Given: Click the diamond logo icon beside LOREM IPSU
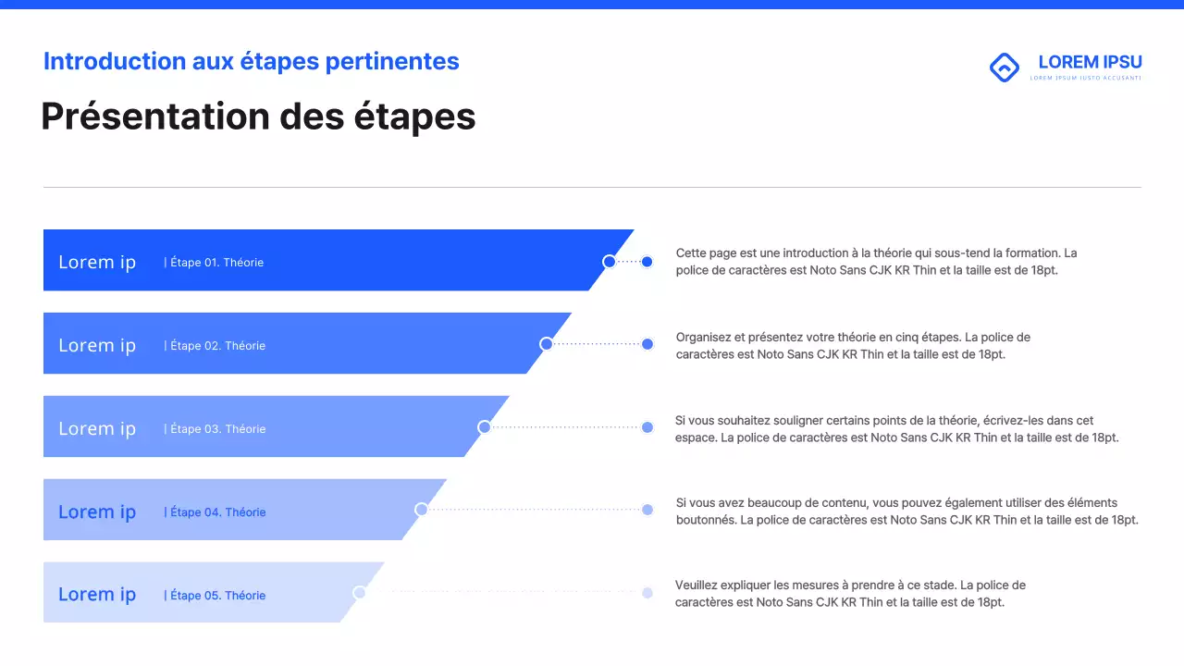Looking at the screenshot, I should pyautogui.click(x=1004, y=68).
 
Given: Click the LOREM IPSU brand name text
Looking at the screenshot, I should pyautogui.click(x=1090, y=62).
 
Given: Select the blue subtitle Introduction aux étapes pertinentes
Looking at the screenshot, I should pyautogui.click(x=251, y=61).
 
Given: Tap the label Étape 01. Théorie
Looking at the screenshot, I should pyautogui.click(x=214, y=263).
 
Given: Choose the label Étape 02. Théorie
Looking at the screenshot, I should pyautogui.click(x=215, y=346).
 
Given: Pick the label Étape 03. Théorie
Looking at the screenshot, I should pyautogui.click(x=215, y=429).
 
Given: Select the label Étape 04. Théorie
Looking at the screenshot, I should pyautogui.click(x=215, y=512).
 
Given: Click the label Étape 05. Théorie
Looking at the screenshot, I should pyautogui.click(x=215, y=596).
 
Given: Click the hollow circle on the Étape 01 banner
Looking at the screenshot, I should pyautogui.click(x=609, y=262).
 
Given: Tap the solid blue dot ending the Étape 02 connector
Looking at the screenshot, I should pyautogui.click(x=647, y=344).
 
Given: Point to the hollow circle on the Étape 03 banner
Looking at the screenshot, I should pyautogui.click(x=484, y=427).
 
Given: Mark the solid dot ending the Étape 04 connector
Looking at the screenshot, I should pyautogui.click(x=647, y=510).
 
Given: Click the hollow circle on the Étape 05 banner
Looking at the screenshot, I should pyautogui.click(x=359, y=593).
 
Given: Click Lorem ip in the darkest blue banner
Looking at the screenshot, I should pyautogui.click(x=97, y=262).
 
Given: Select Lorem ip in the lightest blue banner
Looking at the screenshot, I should pyautogui.click(x=97, y=595).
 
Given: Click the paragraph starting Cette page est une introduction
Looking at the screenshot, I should pyautogui.click(x=876, y=262).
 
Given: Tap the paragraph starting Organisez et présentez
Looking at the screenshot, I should pyautogui.click(x=853, y=345).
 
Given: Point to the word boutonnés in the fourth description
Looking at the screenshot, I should pyautogui.click(x=706, y=520).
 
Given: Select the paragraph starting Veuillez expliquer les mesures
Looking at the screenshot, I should pyautogui.click(x=850, y=593).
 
